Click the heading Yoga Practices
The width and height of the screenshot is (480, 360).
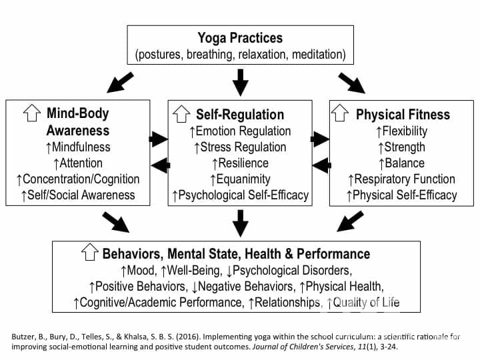click(240, 38)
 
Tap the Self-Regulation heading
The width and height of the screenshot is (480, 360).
click(239, 114)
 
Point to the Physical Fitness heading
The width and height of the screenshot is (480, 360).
click(402, 114)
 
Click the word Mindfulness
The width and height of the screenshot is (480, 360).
click(81, 147)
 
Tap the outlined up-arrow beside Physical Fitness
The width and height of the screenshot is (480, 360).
click(341, 114)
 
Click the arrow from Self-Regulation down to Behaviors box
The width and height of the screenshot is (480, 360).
click(240, 222)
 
